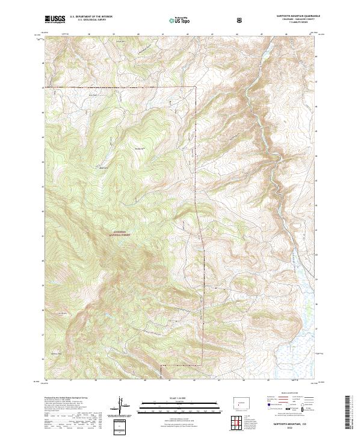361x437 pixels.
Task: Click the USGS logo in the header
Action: [55, 20]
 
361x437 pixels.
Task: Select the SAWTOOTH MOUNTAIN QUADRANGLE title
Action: [296, 17]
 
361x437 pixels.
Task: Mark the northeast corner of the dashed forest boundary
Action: [197, 88]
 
